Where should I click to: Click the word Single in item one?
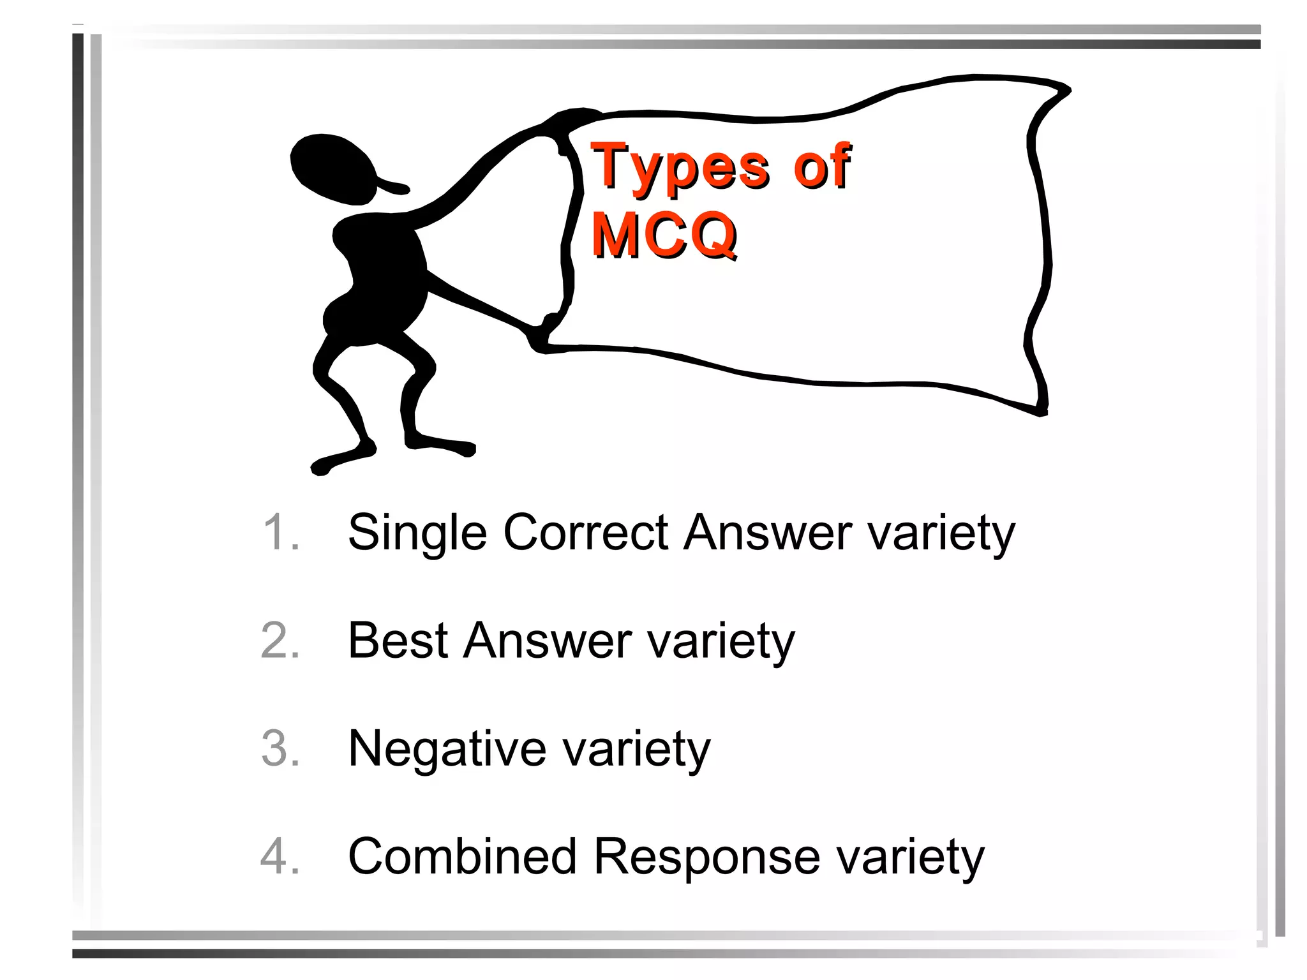[417, 533]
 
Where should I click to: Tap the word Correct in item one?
[585, 532]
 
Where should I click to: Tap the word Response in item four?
[706, 857]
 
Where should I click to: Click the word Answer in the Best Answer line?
[548, 641]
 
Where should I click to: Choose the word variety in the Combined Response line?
[911, 857]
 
